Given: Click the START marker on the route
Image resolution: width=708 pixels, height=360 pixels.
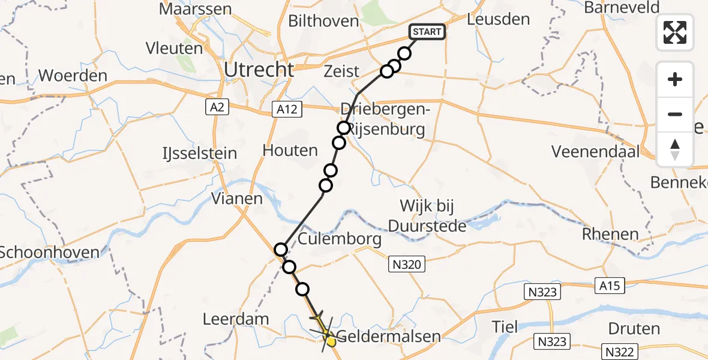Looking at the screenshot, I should point(427,32).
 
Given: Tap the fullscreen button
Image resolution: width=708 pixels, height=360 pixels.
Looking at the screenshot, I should point(675,32).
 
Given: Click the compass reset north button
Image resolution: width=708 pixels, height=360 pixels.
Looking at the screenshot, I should point(675,149).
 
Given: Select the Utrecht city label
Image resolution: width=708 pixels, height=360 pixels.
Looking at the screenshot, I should point(259,70).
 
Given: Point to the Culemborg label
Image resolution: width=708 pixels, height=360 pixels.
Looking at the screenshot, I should point(340,239).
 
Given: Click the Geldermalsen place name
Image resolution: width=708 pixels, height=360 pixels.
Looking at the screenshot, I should point(388,336).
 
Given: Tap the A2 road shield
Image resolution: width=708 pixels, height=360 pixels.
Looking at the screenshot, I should point(217,107).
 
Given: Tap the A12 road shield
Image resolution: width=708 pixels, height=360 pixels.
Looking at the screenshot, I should point(287,109).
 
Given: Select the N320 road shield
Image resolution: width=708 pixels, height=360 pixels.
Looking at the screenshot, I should point(406,263).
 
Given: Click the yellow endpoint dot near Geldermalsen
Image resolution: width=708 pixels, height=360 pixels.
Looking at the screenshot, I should point(330,341).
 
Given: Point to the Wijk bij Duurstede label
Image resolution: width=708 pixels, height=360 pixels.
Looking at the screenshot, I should point(427,216).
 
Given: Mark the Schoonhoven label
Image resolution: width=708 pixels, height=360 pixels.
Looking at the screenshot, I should point(49,252).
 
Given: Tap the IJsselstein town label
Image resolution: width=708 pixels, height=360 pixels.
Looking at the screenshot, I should point(198,153).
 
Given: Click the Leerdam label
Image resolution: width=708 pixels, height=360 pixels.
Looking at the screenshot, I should point(236,319).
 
